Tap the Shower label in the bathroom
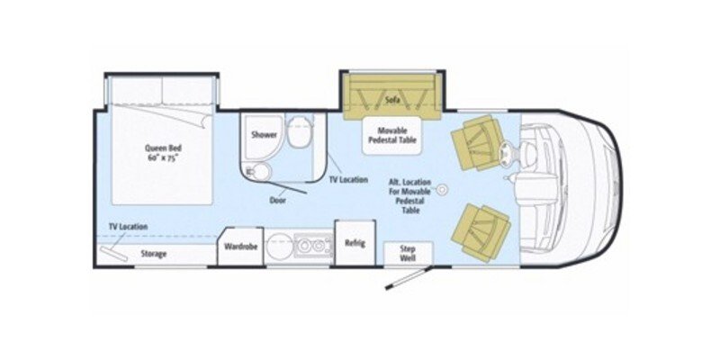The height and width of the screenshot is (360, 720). (264, 134)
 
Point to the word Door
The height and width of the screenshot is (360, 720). (280, 200)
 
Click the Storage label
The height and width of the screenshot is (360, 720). (153, 254)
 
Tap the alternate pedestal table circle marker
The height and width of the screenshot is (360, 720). (443, 191)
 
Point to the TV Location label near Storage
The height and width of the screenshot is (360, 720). (128, 226)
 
